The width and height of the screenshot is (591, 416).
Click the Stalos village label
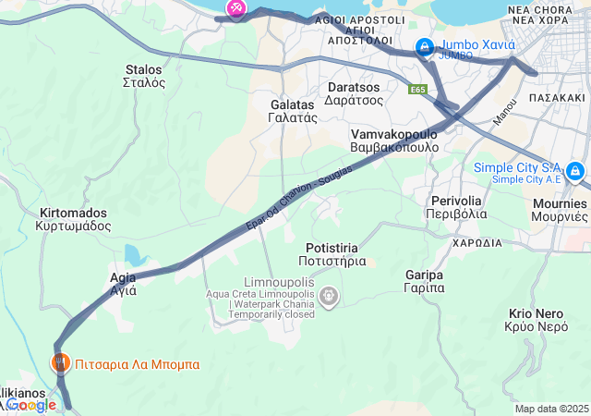point(143,76)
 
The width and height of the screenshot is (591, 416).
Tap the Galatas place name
point(293,111)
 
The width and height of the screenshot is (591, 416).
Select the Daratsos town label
point(355,93)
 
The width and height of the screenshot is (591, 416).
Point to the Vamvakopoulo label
point(394,141)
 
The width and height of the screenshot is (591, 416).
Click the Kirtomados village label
point(73,219)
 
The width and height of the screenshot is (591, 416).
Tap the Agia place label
point(123,283)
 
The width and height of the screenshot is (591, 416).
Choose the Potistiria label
point(338,254)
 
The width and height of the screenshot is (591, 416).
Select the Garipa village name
point(425,281)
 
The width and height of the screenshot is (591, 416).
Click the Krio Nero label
point(537,320)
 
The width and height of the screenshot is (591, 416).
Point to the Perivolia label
point(456,207)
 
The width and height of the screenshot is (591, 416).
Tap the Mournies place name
point(559,210)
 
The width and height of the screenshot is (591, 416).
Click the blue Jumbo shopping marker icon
point(425,46)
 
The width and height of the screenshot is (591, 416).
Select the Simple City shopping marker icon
point(575,171)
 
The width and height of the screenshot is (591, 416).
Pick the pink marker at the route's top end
point(235,8)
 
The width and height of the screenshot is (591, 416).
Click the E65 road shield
point(418,90)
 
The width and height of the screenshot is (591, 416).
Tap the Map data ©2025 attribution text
point(551,409)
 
